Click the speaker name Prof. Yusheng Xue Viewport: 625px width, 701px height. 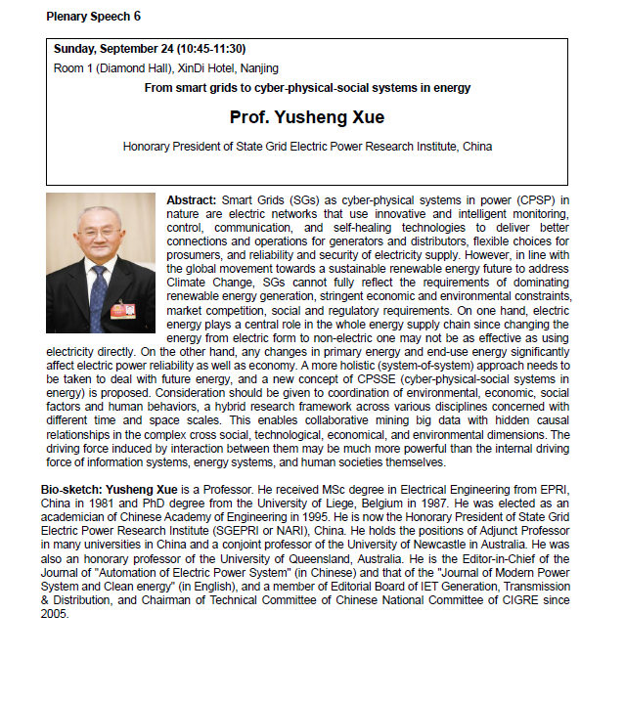307,117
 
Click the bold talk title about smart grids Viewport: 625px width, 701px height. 307,88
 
